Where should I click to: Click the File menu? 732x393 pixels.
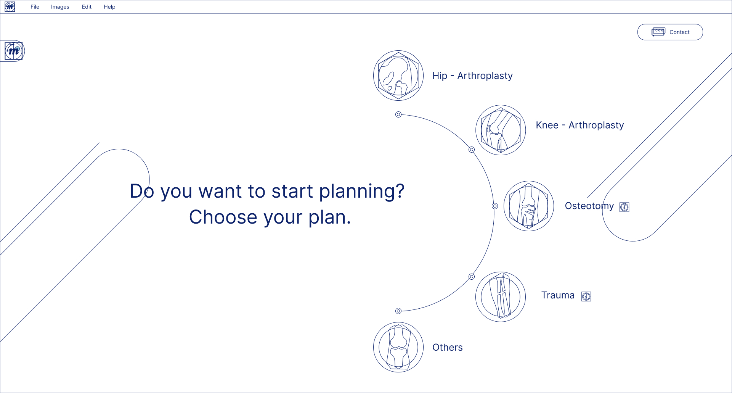pyautogui.click(x=35, y=7)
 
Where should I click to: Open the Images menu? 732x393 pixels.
pyautogui.click(x=60, y=7)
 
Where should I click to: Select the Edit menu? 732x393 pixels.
pyautogui.click(x=87, y=7)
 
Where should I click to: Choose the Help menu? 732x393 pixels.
pyautogui.click(x=109, y=7)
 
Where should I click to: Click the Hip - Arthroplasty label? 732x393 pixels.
pyautogui.click(x=472, y=76)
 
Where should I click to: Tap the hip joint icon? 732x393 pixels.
pyautogui.click(x=398, y=76)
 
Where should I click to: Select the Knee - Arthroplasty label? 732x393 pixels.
pyautogui.click(x=580, y=125)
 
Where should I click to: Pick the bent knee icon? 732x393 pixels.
pyautogui.click(x=501, y=130)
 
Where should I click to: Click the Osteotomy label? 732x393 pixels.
pyautogui.click(x=589, y=206)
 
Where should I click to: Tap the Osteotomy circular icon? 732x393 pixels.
pyautogui.click(x=529, y=206)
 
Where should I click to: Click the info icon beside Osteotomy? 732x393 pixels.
pyautogui.click(x=624, y=207)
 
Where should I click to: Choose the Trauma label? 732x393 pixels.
pyautogui.click(x=558, y=295)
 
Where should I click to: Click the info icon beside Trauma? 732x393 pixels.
pyautogui.click(x=586, y=296)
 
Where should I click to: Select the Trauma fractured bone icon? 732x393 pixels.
pyautogui.click(x=501, y=297)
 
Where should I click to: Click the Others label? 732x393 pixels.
pyautogui.click(x=448, y=348)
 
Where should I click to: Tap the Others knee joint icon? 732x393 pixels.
pyautogui.click(x=398, y=347)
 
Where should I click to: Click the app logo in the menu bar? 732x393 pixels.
pyautogui.click(x=10, y=7)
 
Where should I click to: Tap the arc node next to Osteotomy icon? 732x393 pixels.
pyautogui.click(x=495, y=206)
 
